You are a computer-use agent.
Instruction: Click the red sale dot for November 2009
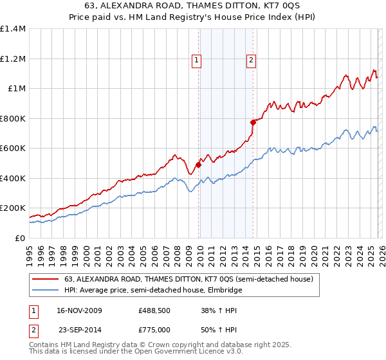[x=198, y=165]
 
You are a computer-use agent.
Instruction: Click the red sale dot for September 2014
[x=253, y=122]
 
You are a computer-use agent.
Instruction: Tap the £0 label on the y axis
[x=19, y=238]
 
